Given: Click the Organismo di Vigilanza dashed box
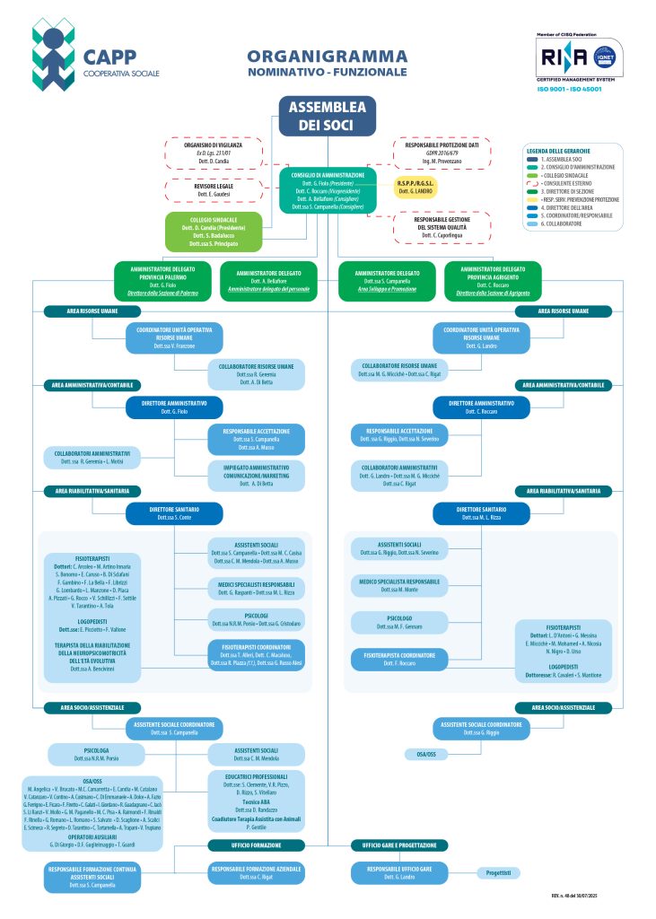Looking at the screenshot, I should (213, 153).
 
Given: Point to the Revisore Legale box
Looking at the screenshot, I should (213, 190).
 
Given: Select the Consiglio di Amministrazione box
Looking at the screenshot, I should (327, 190).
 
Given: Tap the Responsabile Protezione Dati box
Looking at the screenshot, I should (442, 153).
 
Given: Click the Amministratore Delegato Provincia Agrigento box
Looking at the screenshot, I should (492, 278).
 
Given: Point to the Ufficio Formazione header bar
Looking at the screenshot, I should (245, 845).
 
